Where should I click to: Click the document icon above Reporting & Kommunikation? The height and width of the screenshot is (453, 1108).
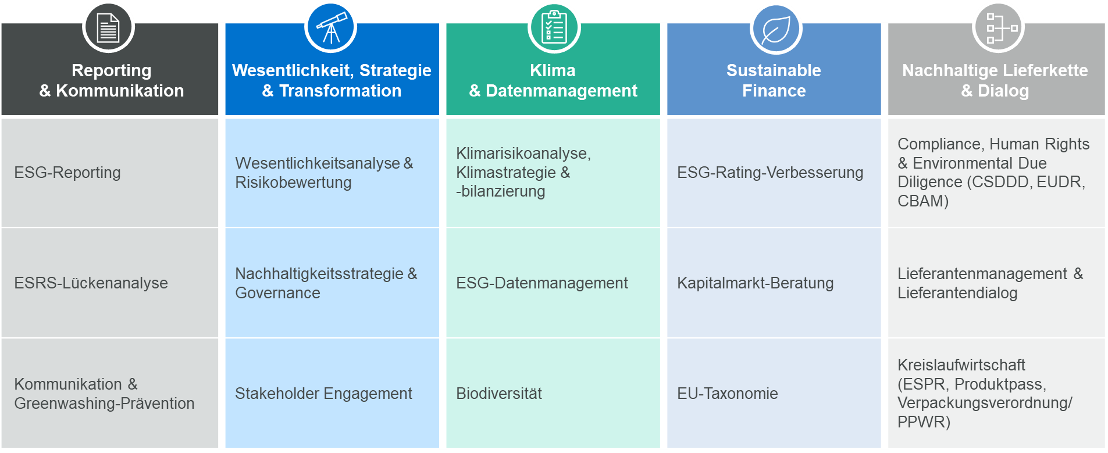point(108,28)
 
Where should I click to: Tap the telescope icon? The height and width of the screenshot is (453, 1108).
point(331,28)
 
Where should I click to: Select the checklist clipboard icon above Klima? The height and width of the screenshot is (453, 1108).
point(554,28)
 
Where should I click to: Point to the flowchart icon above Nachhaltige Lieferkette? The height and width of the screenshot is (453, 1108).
point(998,28)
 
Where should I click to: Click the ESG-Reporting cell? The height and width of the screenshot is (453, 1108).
point(110,173)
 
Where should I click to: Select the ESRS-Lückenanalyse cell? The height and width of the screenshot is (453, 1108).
point(110,283)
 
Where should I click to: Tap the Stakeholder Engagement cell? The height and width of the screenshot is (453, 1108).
point(332,393)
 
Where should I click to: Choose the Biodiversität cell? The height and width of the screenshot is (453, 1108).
point(553,393)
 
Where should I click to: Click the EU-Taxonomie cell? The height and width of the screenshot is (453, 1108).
point(774,393)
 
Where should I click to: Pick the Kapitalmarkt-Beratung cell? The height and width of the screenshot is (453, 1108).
point(774,283)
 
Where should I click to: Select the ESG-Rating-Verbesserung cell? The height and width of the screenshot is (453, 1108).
point(774,173)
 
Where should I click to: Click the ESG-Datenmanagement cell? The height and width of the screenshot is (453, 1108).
point(553,283)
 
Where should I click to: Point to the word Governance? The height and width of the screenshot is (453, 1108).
point(277,293)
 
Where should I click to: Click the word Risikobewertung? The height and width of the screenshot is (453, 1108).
point(293,183)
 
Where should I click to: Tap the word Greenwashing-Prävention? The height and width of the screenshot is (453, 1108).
point(104,404)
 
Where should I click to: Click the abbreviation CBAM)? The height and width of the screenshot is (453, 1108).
point(923,201)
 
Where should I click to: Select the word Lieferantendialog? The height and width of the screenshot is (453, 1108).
point(957,293)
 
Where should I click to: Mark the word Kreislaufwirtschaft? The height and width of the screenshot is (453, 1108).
point(961,365)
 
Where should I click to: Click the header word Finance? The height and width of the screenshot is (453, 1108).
point(774,91)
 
